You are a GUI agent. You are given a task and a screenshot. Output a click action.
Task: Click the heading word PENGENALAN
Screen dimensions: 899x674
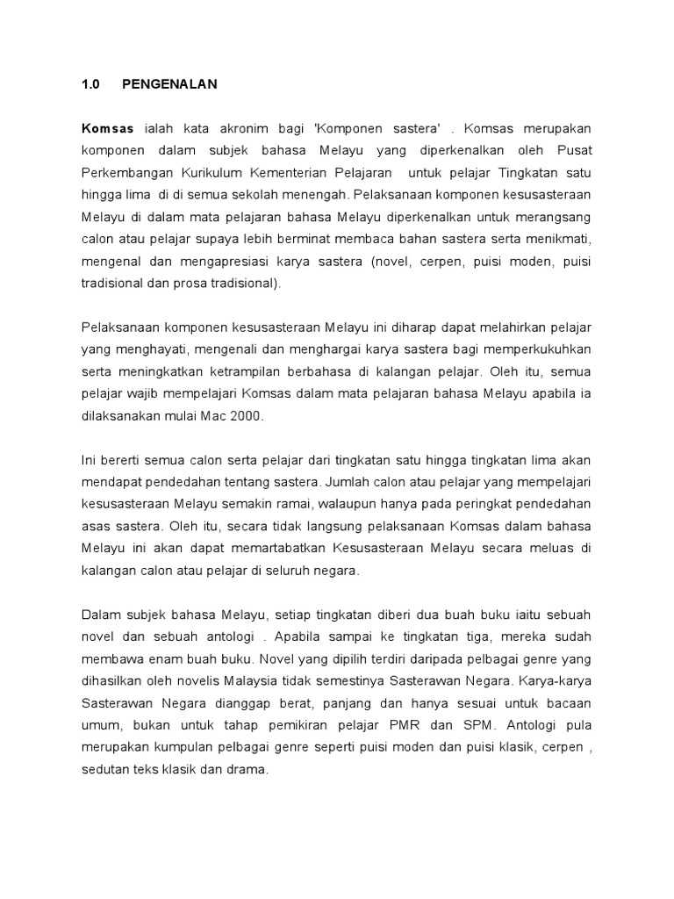169,84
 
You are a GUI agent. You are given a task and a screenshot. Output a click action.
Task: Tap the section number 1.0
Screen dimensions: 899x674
91,84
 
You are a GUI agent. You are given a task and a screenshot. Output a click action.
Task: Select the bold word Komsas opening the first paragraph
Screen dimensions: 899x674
108,127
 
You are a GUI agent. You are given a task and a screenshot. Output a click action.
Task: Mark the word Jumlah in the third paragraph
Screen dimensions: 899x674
349,481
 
